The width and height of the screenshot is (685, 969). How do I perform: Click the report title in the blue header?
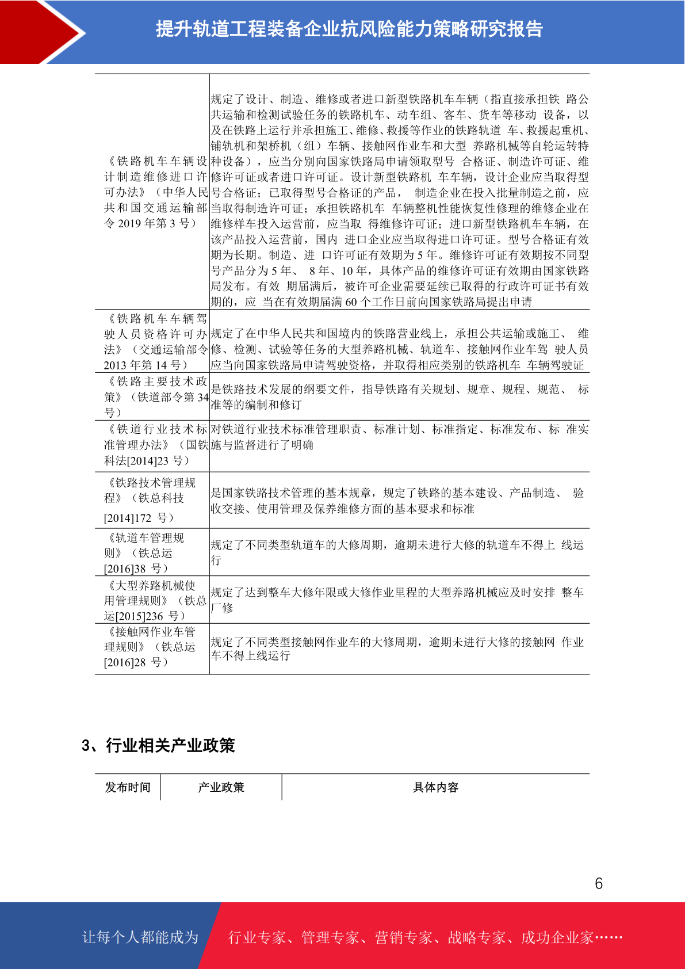pyautogui.click(x=349, y=29)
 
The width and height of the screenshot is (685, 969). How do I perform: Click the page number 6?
pyautogui.click(x=599, y=883)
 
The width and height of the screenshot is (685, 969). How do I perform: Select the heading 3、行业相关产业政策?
pyautogui.click(x=158, y=746)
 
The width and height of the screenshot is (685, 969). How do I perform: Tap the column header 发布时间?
pyautogui.click(x=128, y=787)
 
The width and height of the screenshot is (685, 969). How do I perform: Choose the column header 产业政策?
pyautogui.click(x=221, y=787)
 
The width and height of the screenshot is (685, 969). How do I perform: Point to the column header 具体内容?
pyautogui.click(x=435, y=787)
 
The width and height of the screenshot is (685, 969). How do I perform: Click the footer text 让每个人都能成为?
pyautogui.click(x=140, y=937)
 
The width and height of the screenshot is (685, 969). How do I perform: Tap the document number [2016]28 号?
pyautogui.click(x=136, y=662)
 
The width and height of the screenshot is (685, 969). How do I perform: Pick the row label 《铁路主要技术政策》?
pyautogui.click(x=156, y=382)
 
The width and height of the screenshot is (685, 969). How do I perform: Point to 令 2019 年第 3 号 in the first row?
pyautogui.click(x=150, y=223)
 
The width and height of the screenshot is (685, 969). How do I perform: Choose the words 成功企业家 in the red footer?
pyautogui.click(x=557, y=937)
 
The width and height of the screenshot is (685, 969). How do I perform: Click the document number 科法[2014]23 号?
pyautogui.click(x=147, y=460)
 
